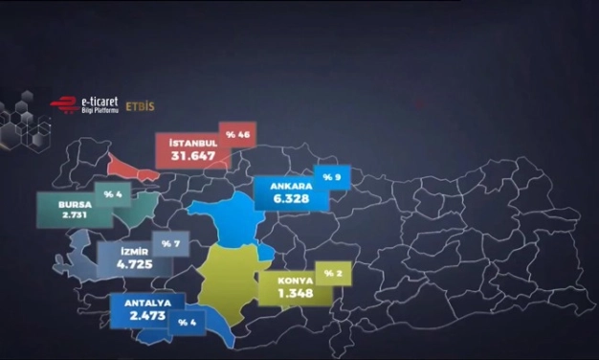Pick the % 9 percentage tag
[333, 177]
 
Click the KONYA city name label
[292, 281]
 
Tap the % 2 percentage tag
[332, 275]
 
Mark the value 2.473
[138, 317]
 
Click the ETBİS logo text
[140, 106]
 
